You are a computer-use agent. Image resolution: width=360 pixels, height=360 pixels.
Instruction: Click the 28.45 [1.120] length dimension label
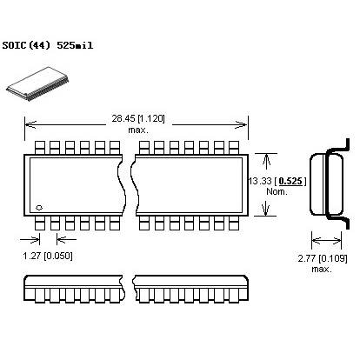138,117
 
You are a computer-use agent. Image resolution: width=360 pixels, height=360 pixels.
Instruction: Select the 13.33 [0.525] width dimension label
277,181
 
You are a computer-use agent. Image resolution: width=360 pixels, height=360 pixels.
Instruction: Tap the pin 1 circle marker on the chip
39,207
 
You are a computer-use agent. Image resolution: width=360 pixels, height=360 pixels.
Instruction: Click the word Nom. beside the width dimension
277,191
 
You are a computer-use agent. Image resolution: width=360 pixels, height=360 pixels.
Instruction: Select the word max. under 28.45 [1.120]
138,129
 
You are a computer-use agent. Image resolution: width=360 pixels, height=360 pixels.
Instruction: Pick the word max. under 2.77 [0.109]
321,269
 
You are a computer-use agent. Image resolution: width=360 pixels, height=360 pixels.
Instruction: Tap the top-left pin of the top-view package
39,146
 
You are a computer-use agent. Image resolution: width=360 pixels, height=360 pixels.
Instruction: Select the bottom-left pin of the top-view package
39,224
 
